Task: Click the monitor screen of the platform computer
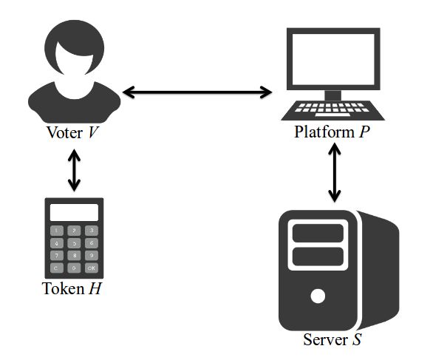click(333, 58)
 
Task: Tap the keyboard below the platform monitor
click(334, 112)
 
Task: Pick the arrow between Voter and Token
click(73, 171)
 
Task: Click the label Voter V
click(72, 134)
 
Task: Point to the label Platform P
click(333, 134)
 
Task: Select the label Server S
click(332, 341)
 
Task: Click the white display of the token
click(73, 212)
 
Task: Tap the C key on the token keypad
click(56, 268)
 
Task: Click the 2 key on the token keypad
click(73, 231)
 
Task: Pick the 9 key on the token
click(90, 255)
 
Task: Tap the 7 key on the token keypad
click(56, 255)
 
